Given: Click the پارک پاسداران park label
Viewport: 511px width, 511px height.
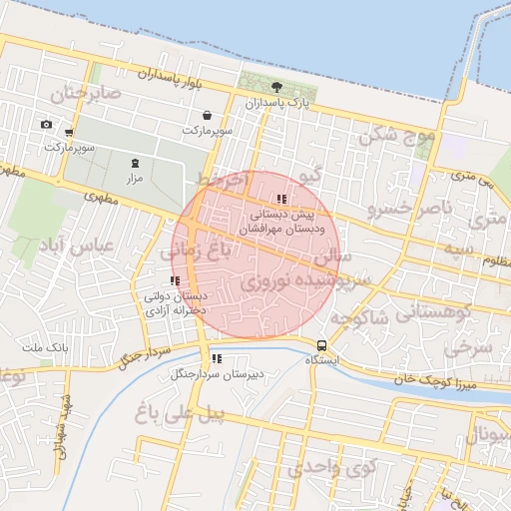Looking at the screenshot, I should pyautogui.click(x=278, y=103).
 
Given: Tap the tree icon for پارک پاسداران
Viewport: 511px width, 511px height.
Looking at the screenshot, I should pyautogui.click(x=276, y=87).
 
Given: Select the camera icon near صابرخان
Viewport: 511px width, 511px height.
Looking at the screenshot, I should pyautogui.click(x=46, y=124).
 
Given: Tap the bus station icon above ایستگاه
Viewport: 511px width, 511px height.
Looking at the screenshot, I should pyautogui.click(x=321, y=344).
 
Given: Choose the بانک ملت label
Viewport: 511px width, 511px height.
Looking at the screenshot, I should pyautogui.click(x=44, y=348).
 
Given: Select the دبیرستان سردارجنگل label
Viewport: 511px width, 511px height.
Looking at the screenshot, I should pyautogui.click(x=216, y=374).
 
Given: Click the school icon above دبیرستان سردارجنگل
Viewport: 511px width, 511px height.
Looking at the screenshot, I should pyautogui.click(x=217, y=359).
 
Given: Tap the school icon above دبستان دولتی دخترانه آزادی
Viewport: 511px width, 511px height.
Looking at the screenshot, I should pyautogui.click(x=176, y=281).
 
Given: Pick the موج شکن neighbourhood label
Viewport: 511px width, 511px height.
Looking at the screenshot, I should pyautogui.click(x=398, y=134).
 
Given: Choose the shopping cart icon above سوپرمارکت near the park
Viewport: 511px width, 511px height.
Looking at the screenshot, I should pyautogui.click(x=206, y=115).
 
